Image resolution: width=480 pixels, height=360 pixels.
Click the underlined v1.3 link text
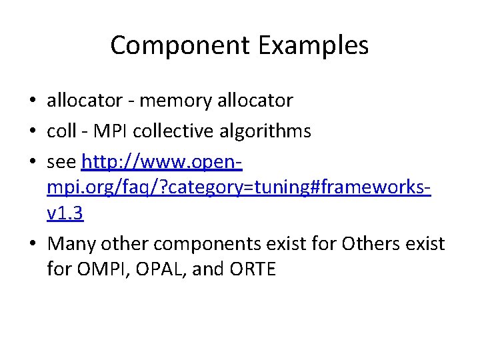point(65,215)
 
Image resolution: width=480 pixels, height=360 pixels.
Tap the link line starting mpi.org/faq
point(239,188)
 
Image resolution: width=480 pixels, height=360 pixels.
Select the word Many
point(71,244)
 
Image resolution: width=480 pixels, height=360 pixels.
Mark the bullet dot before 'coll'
point(32,131)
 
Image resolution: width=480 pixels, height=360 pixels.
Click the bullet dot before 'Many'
point(32,245)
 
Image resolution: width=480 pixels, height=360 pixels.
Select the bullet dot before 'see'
point(32,162)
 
